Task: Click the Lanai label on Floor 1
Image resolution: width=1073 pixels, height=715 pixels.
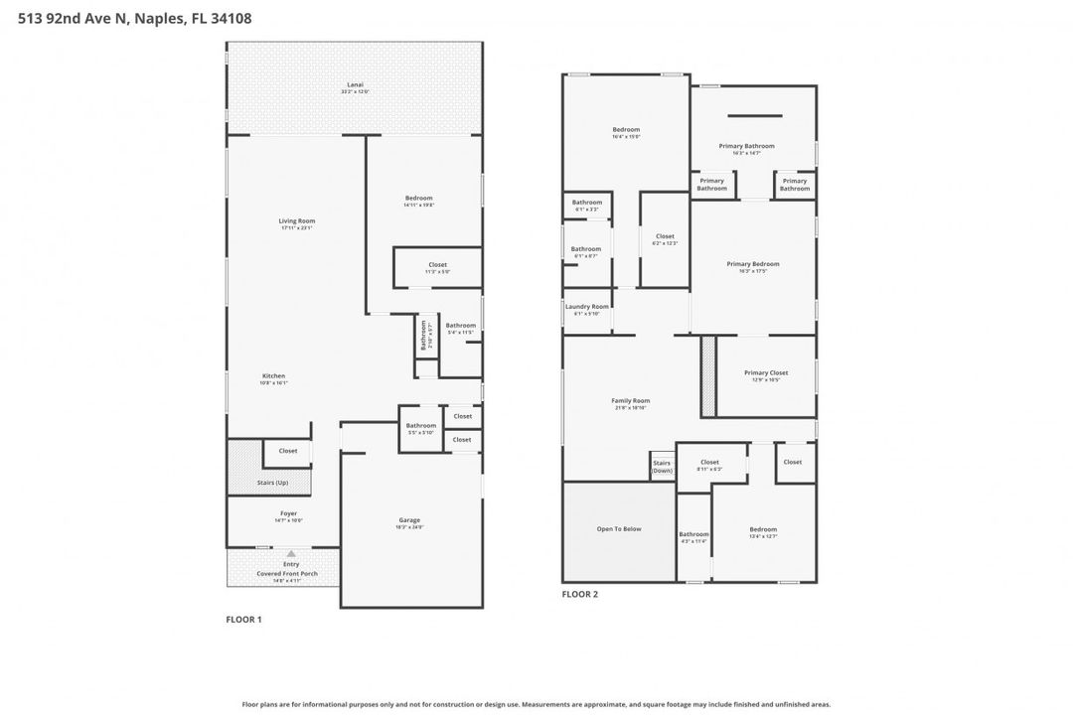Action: pos(355,85)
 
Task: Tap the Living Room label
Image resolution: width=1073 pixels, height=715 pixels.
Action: pos(296,220)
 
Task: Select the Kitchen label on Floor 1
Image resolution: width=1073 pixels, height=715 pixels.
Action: pos(272,376)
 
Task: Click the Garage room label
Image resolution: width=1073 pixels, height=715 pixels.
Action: pos(409,520)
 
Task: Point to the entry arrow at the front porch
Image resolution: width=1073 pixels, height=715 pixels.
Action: pos(291,553)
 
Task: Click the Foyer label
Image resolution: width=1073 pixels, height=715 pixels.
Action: pos(288,513)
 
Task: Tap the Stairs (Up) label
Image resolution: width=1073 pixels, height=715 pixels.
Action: pos(272,483)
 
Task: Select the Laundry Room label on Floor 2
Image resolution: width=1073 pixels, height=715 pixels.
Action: pos(586,307)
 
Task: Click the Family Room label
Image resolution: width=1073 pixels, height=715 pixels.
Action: pos(630,400)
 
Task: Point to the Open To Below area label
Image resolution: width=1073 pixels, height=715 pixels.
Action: pos(618,529)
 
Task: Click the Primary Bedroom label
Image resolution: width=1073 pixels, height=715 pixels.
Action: pos(752,264)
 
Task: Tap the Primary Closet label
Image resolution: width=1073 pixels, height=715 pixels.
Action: pos(765,373)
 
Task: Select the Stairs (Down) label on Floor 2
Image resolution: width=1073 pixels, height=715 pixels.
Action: pos(662,467)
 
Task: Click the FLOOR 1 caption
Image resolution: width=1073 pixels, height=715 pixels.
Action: pos(244,619)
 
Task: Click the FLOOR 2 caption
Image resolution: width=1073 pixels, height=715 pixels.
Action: pos(580,594)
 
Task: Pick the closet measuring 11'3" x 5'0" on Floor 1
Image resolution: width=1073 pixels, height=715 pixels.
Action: pos(437,265)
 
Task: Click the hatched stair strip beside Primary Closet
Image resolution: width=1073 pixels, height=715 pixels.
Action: pos(708,375)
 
